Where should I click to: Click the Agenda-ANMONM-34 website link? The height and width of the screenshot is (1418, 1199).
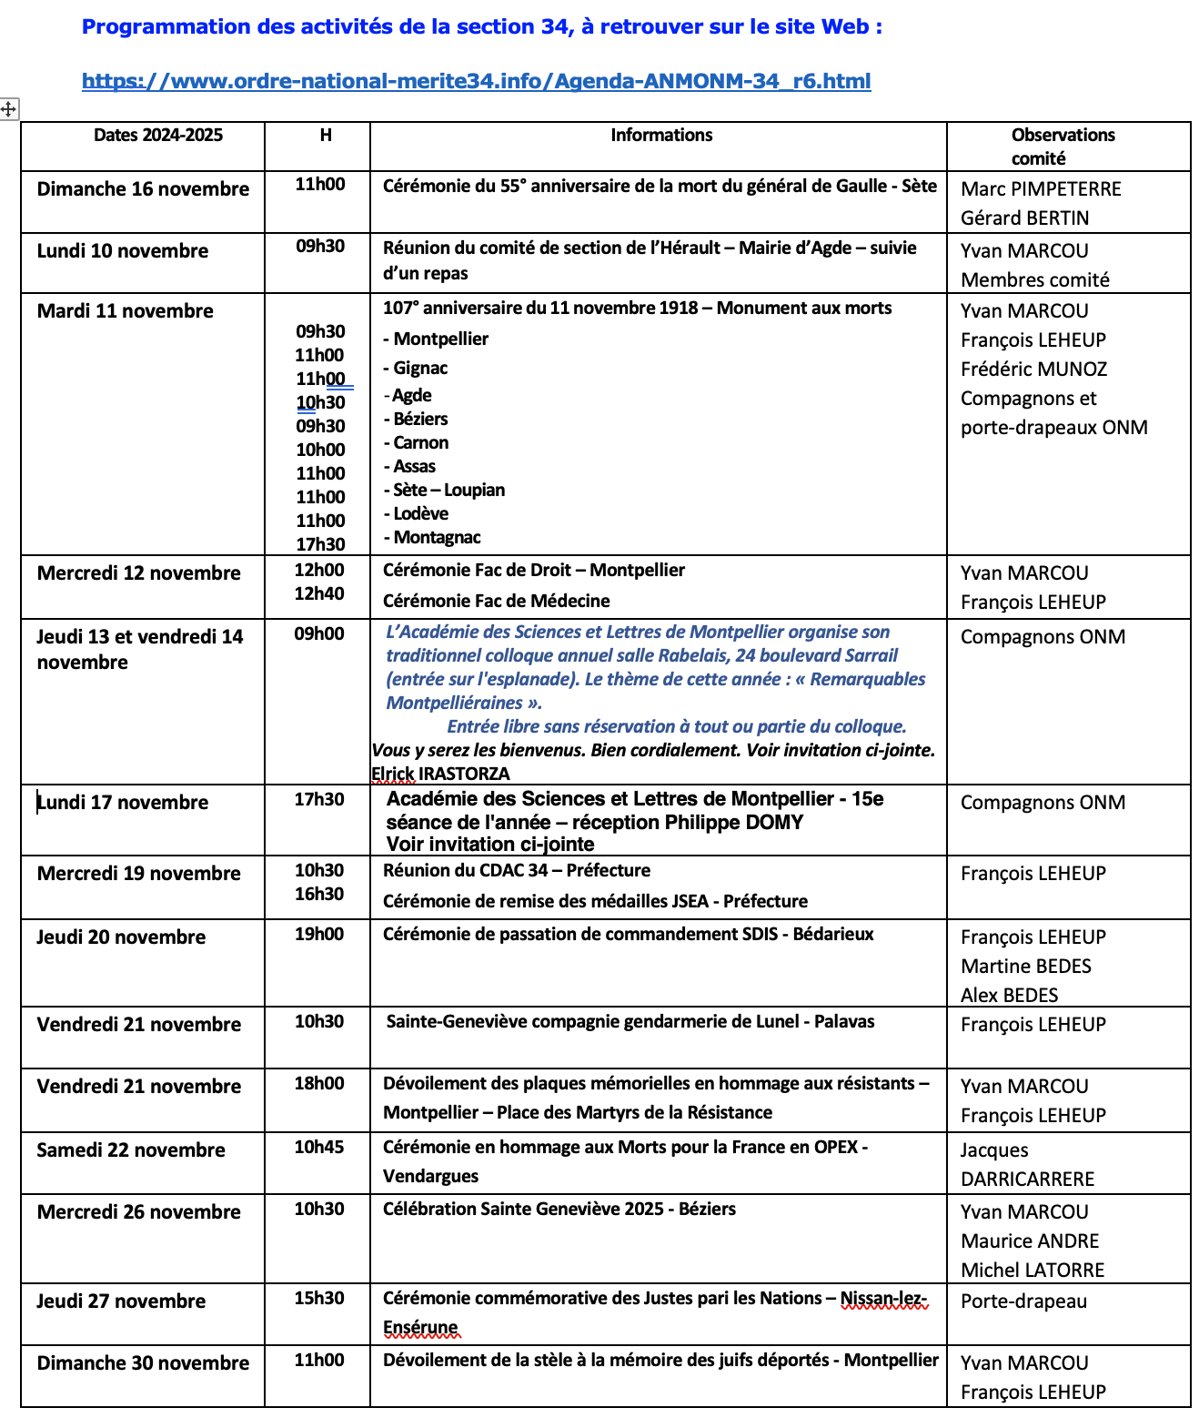[x=476, y=81]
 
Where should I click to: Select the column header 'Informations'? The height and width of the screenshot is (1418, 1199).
[x=661, y=135]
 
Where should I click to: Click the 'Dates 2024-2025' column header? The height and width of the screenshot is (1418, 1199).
[x=158, y=135]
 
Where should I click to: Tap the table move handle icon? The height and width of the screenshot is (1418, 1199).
[x=8, y=109]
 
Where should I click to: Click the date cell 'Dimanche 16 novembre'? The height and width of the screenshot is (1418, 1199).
[x=143, y=189]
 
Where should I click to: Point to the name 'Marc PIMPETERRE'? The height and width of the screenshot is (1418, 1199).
[x=1041, y=189]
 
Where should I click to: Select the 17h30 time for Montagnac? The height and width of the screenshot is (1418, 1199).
[x=320, y=544]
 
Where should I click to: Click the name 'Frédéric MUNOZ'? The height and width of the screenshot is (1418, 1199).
[x=1033, y=370]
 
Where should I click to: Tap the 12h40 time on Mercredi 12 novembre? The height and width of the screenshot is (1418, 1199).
[x=319, y=593]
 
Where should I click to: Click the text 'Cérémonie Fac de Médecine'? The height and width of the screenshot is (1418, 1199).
[x=496, y=601]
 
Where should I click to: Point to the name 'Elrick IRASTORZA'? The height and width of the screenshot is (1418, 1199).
[x=440, y=774]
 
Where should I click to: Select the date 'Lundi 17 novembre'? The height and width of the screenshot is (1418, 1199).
[x=123, y=803]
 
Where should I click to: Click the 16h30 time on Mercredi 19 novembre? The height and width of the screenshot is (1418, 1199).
[x=319, y=894]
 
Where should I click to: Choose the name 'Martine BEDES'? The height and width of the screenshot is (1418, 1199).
[x=1025, y=967]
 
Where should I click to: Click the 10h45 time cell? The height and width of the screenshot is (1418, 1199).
[x=319, y=1147]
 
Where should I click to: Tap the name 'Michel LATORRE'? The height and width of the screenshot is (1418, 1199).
[x=1033, y=1271]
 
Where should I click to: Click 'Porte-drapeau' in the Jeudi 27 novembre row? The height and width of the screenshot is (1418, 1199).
[x=1023, y=1302]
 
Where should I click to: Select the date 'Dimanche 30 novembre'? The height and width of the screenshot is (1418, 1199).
[x=143, y=1363]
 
